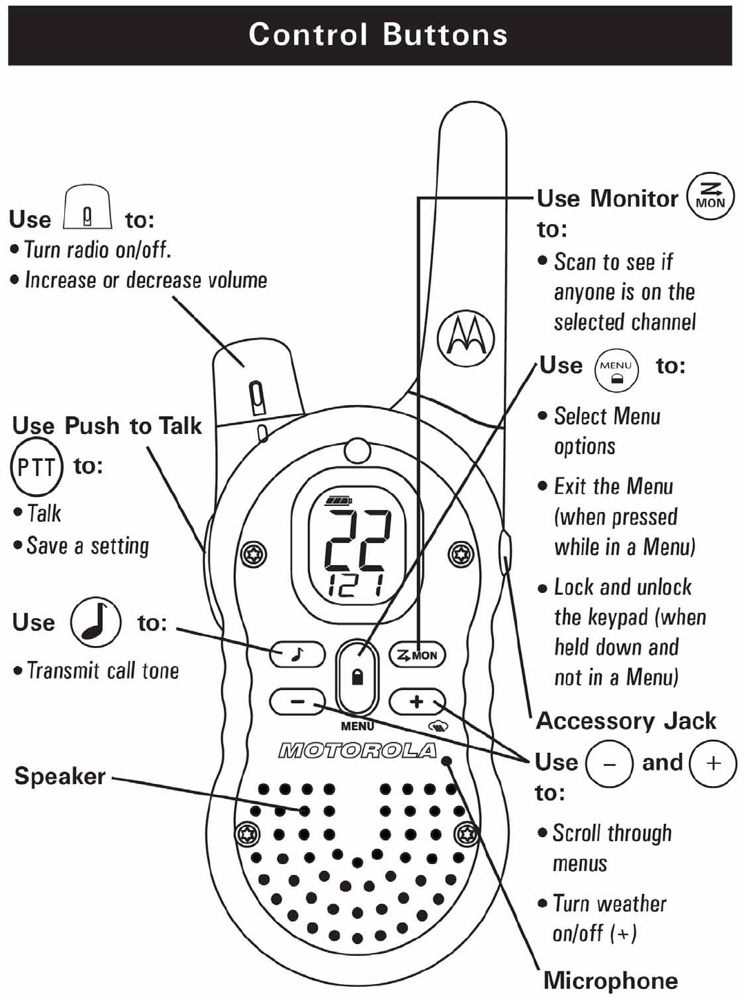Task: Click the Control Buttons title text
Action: click(x=378, y=35)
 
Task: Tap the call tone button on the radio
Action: click(x=297, y=654)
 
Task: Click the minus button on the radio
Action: click(x=297, y=702)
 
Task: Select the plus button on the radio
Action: click(x=417, y=702)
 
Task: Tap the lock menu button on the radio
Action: click(x=357, y=676)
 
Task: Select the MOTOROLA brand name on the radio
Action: click(x=357, y=751)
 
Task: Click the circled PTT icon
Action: click(x=36, y=467)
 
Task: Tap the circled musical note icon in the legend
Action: click(x=95, y=622)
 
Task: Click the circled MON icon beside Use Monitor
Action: click(x=710, y=196)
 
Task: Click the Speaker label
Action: click(x=60, y=776)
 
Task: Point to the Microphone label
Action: click(x=610, y=981)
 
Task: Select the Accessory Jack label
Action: click(x=626, y=721)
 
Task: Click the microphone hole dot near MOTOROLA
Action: click(x=447, y=761)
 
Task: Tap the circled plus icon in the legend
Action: click(x=713, y=763)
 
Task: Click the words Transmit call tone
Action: click(x=103, y=671)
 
